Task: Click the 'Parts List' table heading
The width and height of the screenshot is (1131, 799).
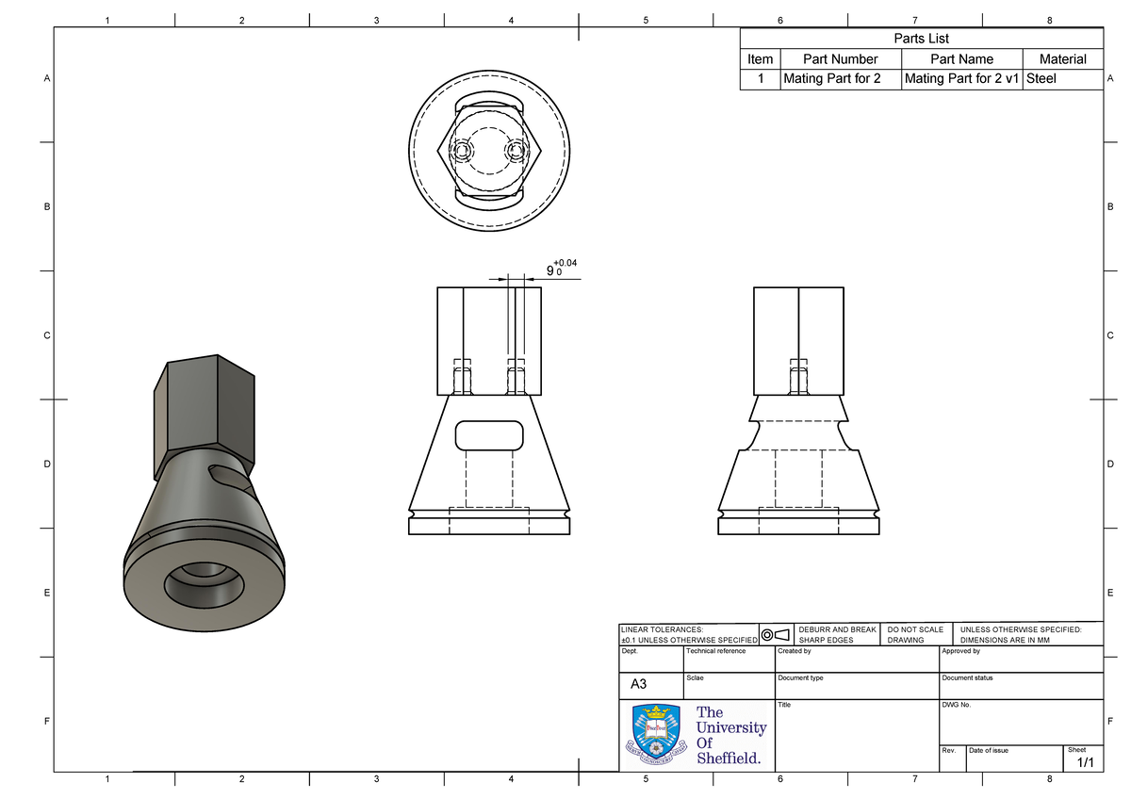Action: (x=921, y=39)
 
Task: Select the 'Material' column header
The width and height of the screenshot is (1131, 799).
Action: (x=1062, y=58)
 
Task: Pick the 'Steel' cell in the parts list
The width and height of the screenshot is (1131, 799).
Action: (x=1041, y=79)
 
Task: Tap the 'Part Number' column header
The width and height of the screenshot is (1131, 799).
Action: (x=840, y=58)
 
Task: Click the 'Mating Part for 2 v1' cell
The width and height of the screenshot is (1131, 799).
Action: (x=961, y=79)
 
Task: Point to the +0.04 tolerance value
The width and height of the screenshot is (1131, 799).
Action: (x=565, y=263)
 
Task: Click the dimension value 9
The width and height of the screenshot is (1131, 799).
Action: (x=550, y=271)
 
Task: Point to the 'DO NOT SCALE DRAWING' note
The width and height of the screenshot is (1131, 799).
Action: (x=915, y=634)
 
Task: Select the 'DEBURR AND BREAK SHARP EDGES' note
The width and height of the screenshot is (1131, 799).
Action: (x=836, y=634)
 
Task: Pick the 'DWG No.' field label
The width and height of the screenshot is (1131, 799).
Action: (x=955, y=705)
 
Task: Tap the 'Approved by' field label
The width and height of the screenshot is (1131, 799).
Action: (x=960, y=651)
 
